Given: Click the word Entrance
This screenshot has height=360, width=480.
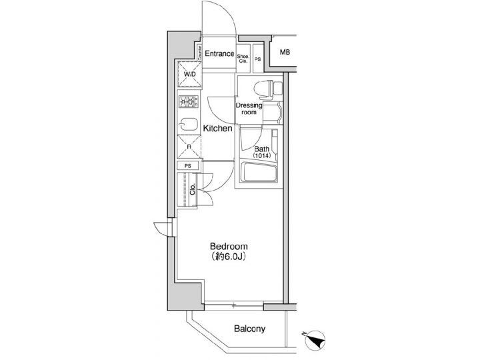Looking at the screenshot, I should click(219, 54).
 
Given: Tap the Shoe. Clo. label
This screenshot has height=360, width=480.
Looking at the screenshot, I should click(243, 59).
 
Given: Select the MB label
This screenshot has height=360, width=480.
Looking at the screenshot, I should click(285, 53).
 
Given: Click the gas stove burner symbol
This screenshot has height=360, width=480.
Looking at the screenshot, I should click(189, 102).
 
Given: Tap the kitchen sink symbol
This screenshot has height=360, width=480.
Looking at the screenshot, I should click(187, 124).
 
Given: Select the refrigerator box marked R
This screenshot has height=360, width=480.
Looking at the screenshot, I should click(189, 147).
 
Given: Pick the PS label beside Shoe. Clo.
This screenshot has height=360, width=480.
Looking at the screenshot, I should click(258, 59).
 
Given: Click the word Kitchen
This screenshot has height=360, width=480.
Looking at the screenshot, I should click(217, 128).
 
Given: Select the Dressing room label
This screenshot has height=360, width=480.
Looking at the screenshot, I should click(248, 109).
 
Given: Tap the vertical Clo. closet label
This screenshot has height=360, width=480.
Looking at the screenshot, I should click(193, 188).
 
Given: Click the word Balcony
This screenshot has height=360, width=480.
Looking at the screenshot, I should click(249, 329).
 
